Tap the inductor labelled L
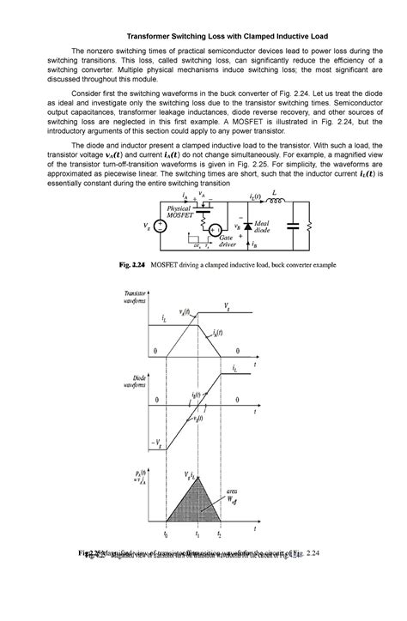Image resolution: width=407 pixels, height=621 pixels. pos(274,203)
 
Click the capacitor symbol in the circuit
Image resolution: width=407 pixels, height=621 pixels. pos(296,226)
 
